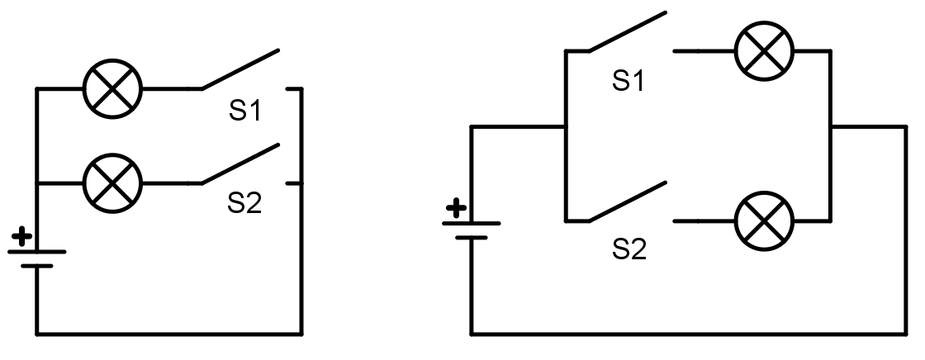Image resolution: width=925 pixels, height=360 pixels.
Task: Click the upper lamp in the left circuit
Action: point(113,88)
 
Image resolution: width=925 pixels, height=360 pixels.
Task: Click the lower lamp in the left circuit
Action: point(113,182)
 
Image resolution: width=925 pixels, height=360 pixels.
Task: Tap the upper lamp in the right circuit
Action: point(764,51)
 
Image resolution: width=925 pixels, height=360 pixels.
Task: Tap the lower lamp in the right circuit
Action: point(764,221)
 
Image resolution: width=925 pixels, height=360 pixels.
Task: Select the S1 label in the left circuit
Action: point(244,111)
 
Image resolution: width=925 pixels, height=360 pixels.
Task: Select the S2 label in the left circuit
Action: point(244,203)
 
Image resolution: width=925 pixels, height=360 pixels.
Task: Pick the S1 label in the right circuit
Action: point(629,80)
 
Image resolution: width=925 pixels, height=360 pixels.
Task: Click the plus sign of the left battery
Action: point(23,238)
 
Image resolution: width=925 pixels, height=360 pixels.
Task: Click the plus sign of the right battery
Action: point(454,207)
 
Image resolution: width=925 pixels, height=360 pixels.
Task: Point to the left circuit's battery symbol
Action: point(36,258)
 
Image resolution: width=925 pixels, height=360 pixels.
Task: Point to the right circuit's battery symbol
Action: point(472,230)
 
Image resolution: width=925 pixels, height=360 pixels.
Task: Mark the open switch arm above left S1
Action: point(240,69)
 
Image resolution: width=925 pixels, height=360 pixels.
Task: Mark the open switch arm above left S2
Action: point(240,163)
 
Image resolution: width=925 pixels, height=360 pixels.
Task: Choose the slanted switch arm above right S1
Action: point(627,32)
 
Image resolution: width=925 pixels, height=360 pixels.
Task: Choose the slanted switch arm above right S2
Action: point(627,201)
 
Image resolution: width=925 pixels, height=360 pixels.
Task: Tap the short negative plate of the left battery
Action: point(36,266)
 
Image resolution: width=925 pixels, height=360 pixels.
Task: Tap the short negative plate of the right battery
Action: point(472,238)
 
